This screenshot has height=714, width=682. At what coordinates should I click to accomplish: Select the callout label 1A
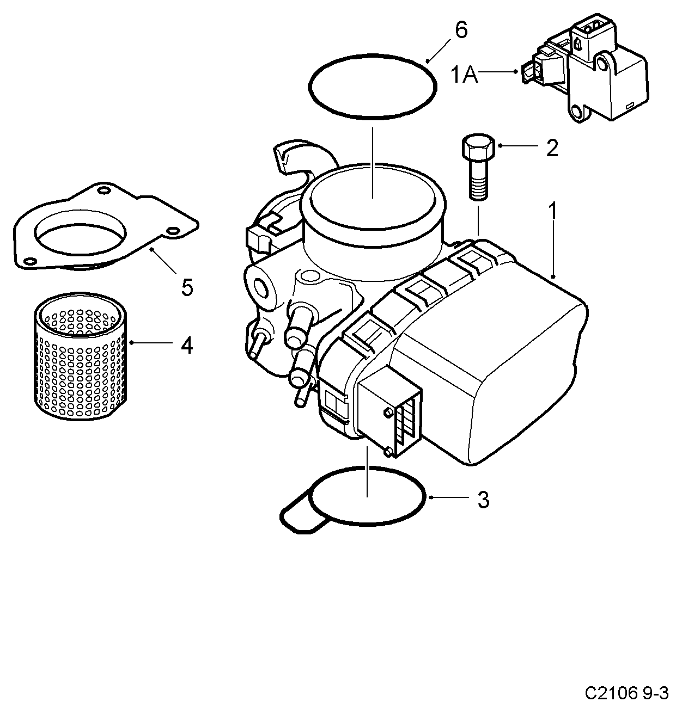coord(464,75)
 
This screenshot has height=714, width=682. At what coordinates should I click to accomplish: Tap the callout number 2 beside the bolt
coord(552,148)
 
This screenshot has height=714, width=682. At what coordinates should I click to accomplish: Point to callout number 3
coord(483,500)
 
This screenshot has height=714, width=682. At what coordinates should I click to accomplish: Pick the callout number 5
coord(187,287)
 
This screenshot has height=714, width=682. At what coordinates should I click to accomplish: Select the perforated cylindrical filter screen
coord(80,356)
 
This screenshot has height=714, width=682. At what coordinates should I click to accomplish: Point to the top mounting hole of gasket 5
coord(105,190)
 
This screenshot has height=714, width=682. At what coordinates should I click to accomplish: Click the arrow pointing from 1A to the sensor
coord(498,71)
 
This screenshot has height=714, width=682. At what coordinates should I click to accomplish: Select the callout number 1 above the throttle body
coord(552,211)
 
